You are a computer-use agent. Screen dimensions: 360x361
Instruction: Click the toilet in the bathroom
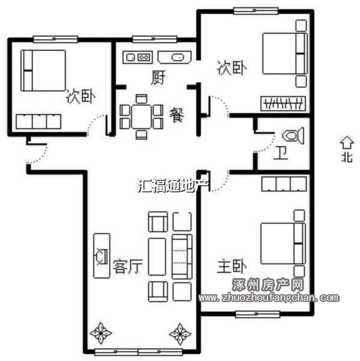click(293, 136)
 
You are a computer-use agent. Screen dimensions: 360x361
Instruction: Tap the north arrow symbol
click(347, 143)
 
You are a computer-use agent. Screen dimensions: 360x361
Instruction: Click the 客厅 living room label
click(127, 267)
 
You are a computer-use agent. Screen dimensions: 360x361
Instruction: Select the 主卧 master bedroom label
click(232, 266)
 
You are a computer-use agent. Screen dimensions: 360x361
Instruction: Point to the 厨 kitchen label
click(159, 78)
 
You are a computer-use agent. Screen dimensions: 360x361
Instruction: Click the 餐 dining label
click(177, 116)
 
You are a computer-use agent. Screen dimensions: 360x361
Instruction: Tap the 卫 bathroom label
click(281, 153)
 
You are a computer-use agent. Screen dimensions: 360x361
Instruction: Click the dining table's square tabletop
click(141, 117)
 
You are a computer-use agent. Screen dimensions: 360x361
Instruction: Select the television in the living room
click(102, 256)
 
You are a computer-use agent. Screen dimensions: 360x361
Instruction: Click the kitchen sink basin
click(177, 57)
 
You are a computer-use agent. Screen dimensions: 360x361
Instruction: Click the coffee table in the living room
click(157, 257)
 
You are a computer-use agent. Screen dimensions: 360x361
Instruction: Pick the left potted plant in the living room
click(101, 333)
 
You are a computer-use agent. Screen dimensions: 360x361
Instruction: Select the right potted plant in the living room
click(180, 334)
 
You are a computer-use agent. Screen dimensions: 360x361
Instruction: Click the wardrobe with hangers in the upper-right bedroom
click(283, 103)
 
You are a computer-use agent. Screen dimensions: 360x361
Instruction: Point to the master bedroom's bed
click(283, 243)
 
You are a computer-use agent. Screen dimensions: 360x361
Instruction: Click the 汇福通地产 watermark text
click(174, 185)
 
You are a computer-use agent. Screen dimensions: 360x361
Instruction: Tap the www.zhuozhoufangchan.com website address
click(269, 298)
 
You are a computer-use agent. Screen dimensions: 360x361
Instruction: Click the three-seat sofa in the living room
click(182, 257)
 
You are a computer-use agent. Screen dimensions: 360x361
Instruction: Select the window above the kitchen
click(154, 39)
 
